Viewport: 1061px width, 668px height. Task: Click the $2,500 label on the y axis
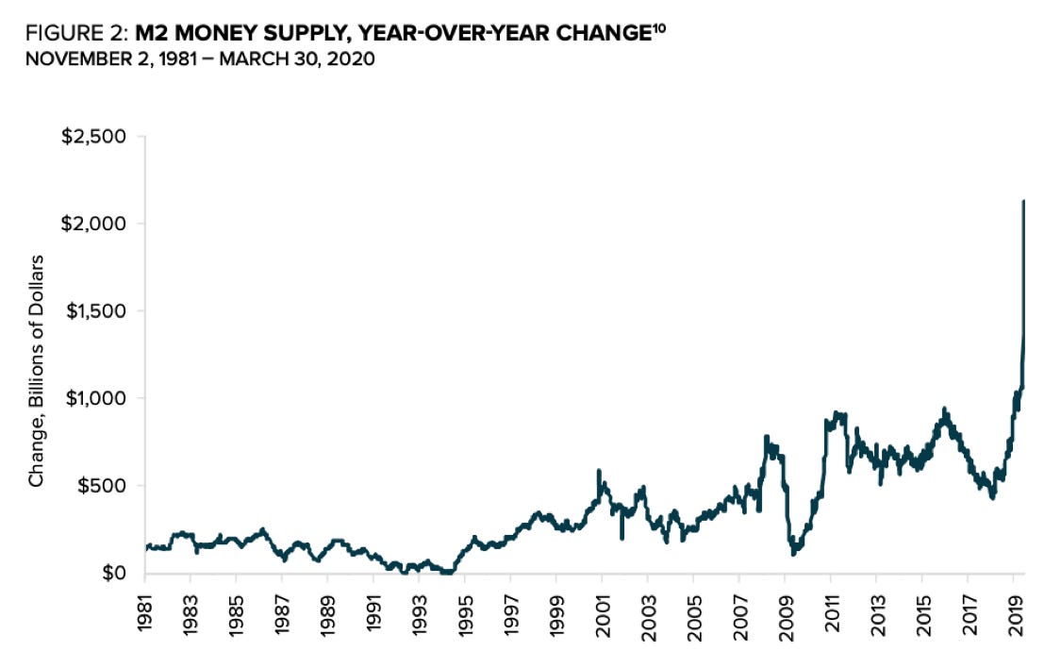93,137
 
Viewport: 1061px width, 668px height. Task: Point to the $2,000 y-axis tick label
93,224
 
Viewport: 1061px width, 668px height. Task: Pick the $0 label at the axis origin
113,573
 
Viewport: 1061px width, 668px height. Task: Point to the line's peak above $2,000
1024,201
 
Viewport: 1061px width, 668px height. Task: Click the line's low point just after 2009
793,553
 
